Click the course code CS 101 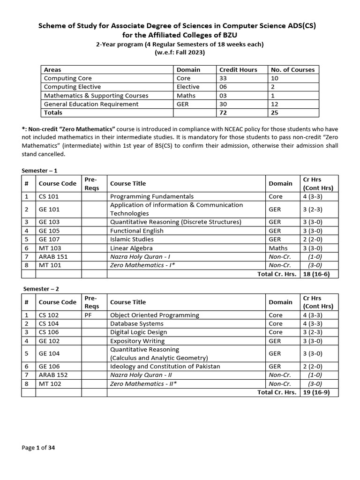[49, 196]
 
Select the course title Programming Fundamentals [151, 196]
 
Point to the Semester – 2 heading [40, 289]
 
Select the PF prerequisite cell [88, 315]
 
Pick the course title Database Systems [136, 323]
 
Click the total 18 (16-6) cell [316, 274]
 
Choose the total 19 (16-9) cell [316, 392]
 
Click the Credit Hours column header [238, 69]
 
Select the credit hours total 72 [224, 112]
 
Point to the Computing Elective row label [72, 87]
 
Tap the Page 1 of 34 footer [38, 448]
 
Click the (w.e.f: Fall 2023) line [180, 52]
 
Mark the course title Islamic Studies [132, 239]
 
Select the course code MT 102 [50, 384]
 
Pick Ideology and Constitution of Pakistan [165, 366]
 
